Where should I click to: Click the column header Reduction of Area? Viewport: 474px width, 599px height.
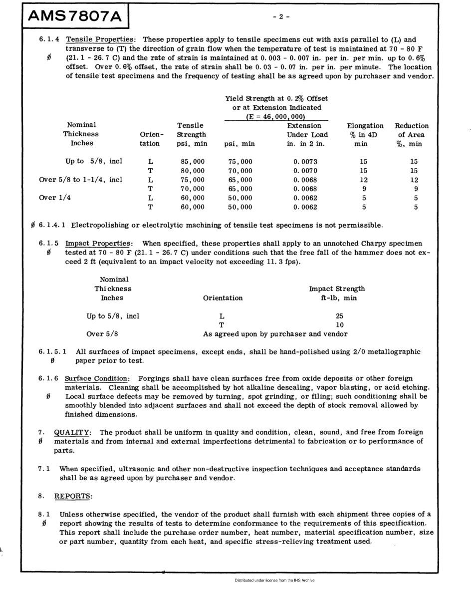pos(412,134)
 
